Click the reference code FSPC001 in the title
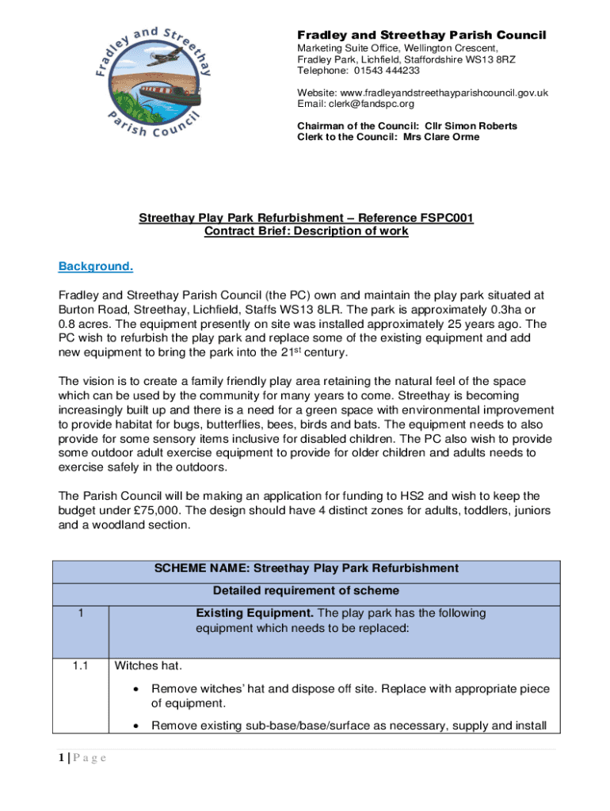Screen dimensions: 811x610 pos(445,218)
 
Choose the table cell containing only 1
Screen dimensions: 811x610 pos(79,614)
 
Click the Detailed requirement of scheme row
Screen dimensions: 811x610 pos(306,591)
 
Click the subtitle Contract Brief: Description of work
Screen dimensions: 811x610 pos(306,231)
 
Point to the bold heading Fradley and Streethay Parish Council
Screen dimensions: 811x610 pos(421,36)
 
